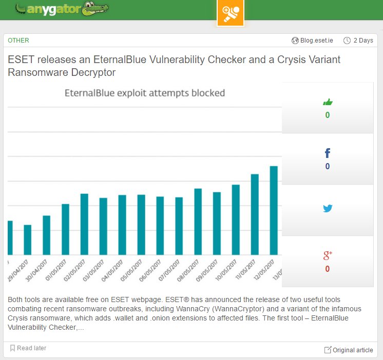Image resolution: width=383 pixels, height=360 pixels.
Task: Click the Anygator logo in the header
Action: click(x=61, y=9)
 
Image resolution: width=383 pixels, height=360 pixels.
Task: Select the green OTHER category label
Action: click(x=18, y=41)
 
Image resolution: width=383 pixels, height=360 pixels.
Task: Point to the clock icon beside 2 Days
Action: click(x=347, y=41)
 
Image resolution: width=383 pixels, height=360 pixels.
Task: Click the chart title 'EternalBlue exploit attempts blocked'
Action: click(x=144, y=93)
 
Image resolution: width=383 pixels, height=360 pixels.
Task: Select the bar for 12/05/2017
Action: click(x=274, y=210)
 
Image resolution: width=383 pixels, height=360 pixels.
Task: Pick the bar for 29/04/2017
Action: click(x=28, y=239)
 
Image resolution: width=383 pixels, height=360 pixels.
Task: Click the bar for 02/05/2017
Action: click(x=84, y=224)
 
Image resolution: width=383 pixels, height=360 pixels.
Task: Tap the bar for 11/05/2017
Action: click(x=255, y=214)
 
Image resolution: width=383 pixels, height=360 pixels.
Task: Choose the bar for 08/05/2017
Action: click(x=198, y=222)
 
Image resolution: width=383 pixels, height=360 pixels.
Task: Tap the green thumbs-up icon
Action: click(x=328, y=102)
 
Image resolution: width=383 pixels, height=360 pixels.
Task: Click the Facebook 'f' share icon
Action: click(x=328, y=153)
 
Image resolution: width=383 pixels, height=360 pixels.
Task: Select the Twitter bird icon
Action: click(x=328, y=208)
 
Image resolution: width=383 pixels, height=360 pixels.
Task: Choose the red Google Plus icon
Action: click(x=328, y=255)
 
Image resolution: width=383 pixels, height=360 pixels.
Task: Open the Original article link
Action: click(x=349, y=350)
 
